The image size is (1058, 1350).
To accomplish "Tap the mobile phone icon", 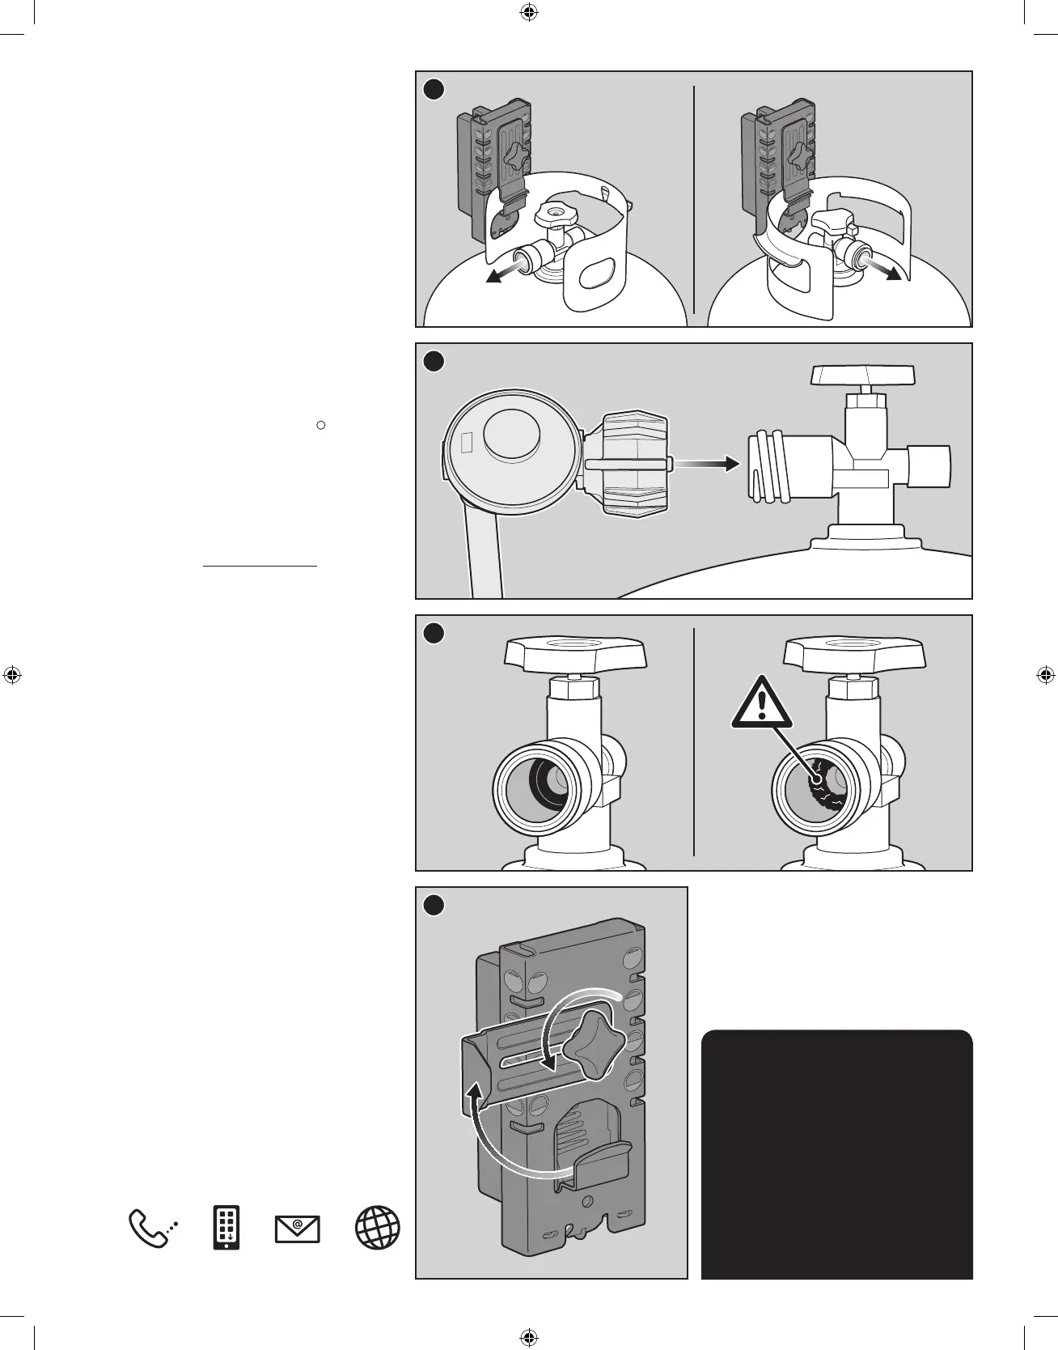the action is tap(226, 1228).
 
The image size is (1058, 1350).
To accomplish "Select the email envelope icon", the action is tap(298, 1229).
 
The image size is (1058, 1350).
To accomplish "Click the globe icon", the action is tap(378, 1228).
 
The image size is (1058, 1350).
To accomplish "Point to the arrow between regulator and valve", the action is tap(706, 464).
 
